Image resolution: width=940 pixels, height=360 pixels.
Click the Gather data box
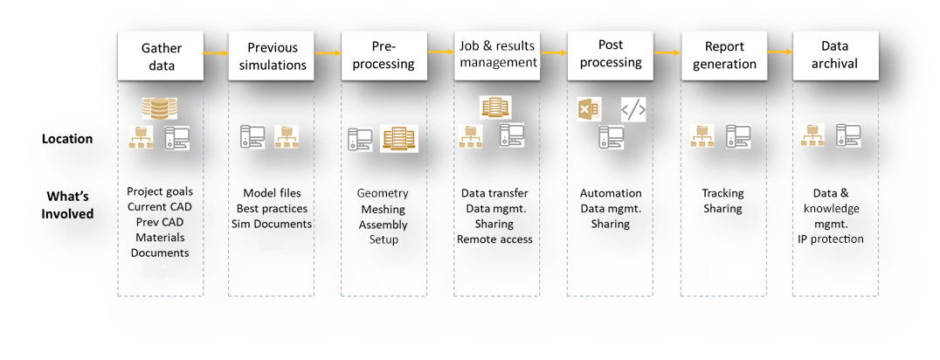(161, 55)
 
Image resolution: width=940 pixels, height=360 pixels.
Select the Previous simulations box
(273, 55)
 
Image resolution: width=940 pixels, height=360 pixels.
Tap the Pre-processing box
(384, 55)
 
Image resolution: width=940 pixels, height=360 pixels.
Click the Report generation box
(723, 55)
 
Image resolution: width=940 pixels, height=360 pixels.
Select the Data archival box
(835, 55)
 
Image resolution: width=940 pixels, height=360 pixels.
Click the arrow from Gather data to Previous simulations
(217, 53)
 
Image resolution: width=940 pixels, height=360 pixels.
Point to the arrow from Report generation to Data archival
(780, 52)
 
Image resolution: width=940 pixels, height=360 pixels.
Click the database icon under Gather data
(159, 108)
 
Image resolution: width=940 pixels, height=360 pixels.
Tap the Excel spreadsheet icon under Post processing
(588, 109)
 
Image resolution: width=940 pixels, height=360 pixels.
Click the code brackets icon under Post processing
(633, 110)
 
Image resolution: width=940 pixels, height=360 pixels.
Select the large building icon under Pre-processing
(399, 138)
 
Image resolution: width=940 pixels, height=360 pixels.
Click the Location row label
(66, 138)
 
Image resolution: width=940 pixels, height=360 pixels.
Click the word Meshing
(383, 209)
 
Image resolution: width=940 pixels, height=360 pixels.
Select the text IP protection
(831, 239)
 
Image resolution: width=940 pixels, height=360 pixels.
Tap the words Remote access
(494, 239)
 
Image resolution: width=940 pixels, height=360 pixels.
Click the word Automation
(611, 193)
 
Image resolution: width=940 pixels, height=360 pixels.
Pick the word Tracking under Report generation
(722, 193)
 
